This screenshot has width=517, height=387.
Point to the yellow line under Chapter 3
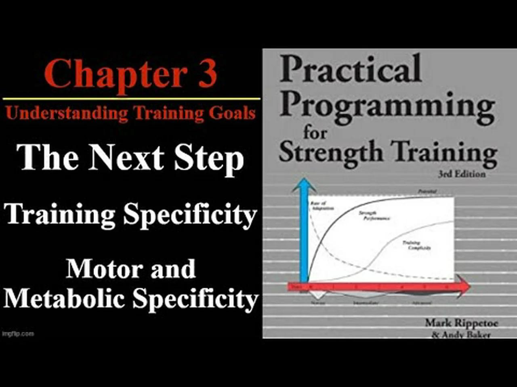(131, 98)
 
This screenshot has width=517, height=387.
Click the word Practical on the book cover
(351, 69)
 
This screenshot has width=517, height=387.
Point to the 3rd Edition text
(462, 174)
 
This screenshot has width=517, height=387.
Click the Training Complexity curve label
(416, 245)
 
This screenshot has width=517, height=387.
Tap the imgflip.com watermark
(18, 334)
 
